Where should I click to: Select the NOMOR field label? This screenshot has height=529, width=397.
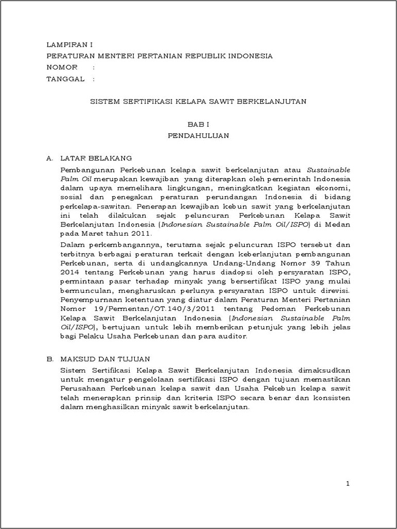tap(62, 67)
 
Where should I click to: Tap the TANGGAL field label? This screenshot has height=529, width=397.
tap(65, 79)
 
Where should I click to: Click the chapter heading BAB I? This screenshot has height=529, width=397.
tap(198, 125)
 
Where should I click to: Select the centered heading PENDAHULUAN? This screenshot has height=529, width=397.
tap(198, 136)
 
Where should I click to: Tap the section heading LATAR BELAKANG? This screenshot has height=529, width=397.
tap(96, 158)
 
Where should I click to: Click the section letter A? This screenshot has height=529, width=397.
tap(49, 158)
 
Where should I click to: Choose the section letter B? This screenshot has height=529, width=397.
tap(49, 359)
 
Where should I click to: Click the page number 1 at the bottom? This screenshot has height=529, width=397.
tap(348, 484)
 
